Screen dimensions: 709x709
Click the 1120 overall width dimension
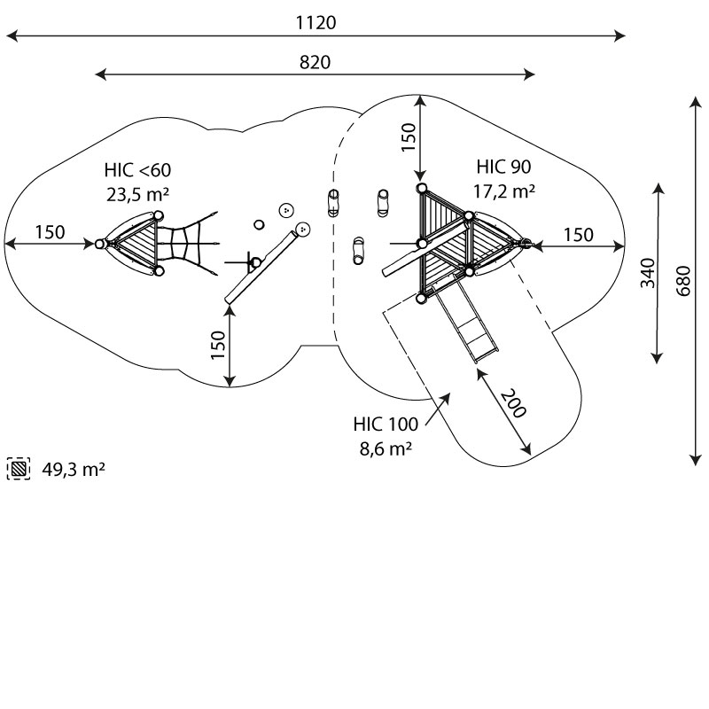point(316,23)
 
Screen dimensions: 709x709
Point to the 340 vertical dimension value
point(647,273)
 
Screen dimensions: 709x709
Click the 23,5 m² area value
point(137,194)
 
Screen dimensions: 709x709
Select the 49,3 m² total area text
point(74,470)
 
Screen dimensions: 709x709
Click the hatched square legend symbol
point(18,469)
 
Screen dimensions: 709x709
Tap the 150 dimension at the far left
point(50,233)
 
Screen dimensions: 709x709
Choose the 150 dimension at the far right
point(578,235)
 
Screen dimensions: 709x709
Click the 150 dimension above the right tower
point(408,138)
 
